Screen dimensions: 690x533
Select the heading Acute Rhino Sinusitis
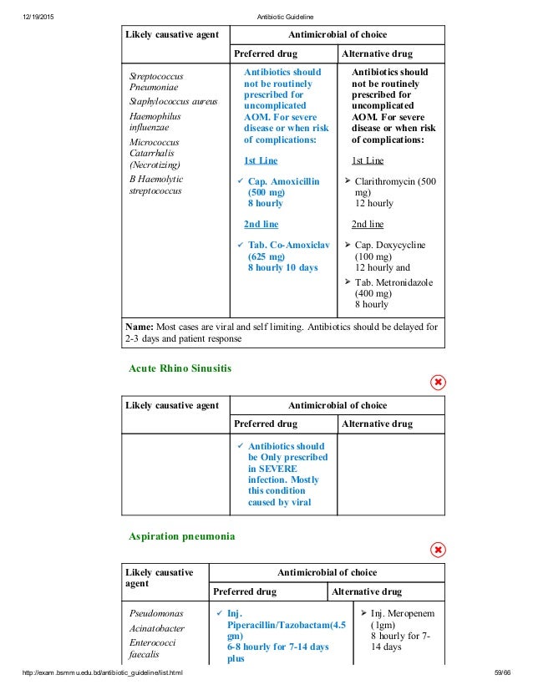point(180,368)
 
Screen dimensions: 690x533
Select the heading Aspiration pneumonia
point(181,534)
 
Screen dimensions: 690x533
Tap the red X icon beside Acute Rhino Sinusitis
point(437,383)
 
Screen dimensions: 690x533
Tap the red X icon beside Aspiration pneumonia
point(437,550)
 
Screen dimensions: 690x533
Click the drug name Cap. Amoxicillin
point(283,180)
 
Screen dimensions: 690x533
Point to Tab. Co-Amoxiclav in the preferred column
point(288,245)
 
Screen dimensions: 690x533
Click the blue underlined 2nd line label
point(261,224)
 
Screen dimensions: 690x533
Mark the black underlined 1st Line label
point(368,160)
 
